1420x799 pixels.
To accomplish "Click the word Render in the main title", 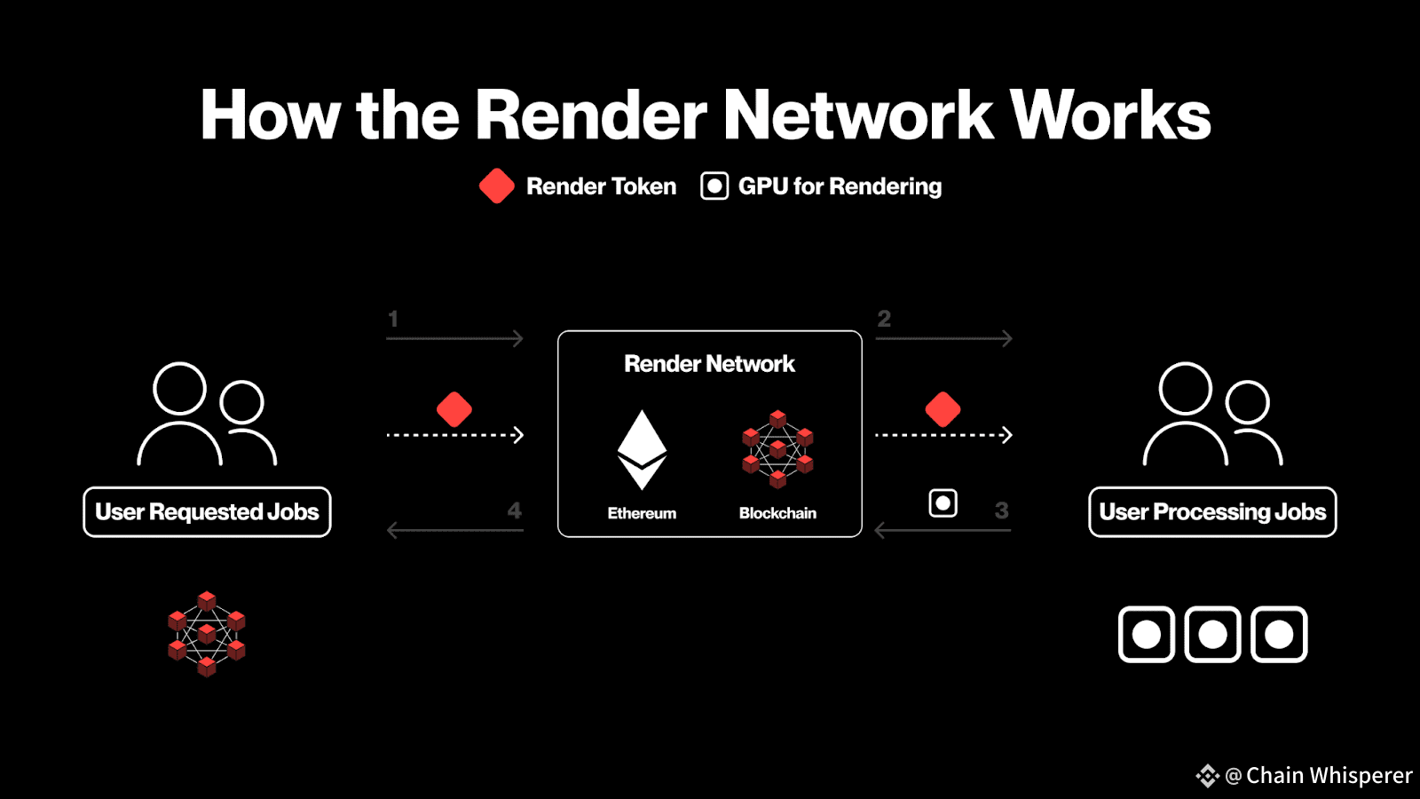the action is (591, 115).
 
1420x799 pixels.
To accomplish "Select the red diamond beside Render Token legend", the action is (496, 186).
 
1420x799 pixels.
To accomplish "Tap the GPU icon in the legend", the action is (714, 186).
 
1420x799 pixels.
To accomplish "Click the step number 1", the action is (393, 319).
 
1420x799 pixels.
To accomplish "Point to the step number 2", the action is (884, 319).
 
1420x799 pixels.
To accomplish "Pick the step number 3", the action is (1002, 510).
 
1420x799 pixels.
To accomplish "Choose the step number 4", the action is (514, 510).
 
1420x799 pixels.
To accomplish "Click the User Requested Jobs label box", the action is (208, 511).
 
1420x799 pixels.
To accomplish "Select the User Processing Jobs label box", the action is (1212, 511).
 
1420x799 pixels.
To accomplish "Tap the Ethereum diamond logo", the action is (642, 449).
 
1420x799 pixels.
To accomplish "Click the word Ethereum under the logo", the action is (642, 513).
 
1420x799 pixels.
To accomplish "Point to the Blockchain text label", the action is (777, 513).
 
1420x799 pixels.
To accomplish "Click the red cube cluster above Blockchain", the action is (777, 449).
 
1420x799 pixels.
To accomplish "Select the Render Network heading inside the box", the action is (709, 364).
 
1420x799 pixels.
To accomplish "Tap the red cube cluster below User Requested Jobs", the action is (207, 634).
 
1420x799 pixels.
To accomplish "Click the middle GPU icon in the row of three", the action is (1212, 634).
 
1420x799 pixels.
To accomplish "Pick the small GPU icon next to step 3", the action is (943, 503).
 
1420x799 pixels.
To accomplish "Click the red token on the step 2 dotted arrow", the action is (943, 409).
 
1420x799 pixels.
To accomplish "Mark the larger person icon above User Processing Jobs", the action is (1186, 414).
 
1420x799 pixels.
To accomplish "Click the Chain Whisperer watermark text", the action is (1329, 775).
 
